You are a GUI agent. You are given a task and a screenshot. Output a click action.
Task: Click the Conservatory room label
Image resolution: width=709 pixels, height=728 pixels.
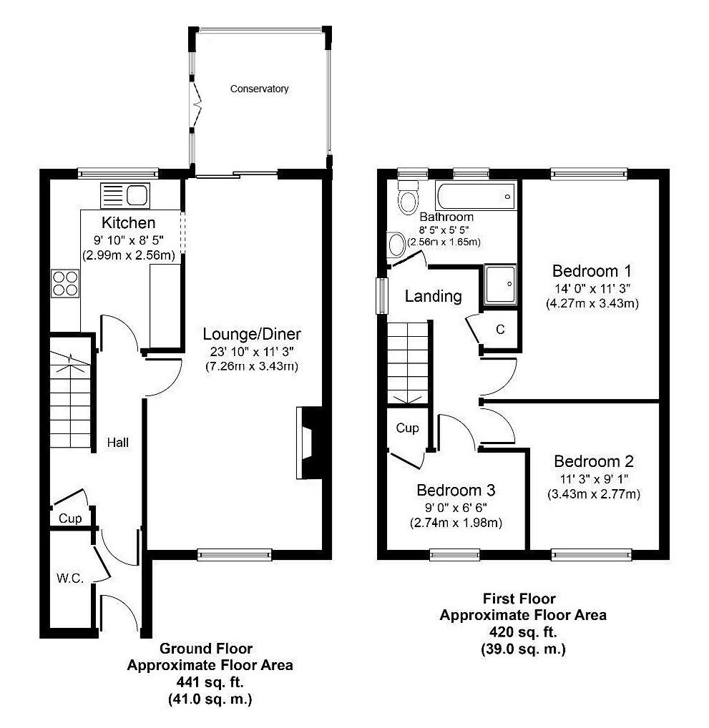[259, 89]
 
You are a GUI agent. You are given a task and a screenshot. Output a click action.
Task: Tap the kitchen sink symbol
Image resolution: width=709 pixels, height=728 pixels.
[125, 195]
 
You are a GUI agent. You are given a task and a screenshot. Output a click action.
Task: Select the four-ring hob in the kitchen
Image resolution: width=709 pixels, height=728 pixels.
[64, 283]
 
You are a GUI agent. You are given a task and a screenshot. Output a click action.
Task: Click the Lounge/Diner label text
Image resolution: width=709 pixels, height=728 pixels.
[252, 334]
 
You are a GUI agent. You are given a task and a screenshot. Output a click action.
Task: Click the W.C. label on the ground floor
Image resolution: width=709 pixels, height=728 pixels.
[70, 578]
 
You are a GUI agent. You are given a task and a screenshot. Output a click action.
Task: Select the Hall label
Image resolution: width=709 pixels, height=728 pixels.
[117, 443]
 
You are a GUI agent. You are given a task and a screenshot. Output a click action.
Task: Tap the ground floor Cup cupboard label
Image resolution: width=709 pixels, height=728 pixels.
[69, 518]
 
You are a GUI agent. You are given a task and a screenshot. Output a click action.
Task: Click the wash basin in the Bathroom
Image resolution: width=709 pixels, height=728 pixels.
[395, 245]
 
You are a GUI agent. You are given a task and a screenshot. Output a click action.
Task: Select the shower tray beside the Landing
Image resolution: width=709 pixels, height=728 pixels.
[500, 285]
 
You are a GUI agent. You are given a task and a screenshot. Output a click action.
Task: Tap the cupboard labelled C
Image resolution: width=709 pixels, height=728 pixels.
[500, 330]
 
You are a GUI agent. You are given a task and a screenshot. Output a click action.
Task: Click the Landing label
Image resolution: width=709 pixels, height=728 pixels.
[433, 296]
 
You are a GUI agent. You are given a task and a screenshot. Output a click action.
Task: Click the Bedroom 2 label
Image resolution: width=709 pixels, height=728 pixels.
[593, 461]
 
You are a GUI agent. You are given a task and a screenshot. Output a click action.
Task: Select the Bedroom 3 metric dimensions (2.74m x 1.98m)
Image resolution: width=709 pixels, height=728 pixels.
[456, 523]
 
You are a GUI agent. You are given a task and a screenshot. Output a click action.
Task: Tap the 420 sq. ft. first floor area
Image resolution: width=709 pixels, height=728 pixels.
[522, 632]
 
